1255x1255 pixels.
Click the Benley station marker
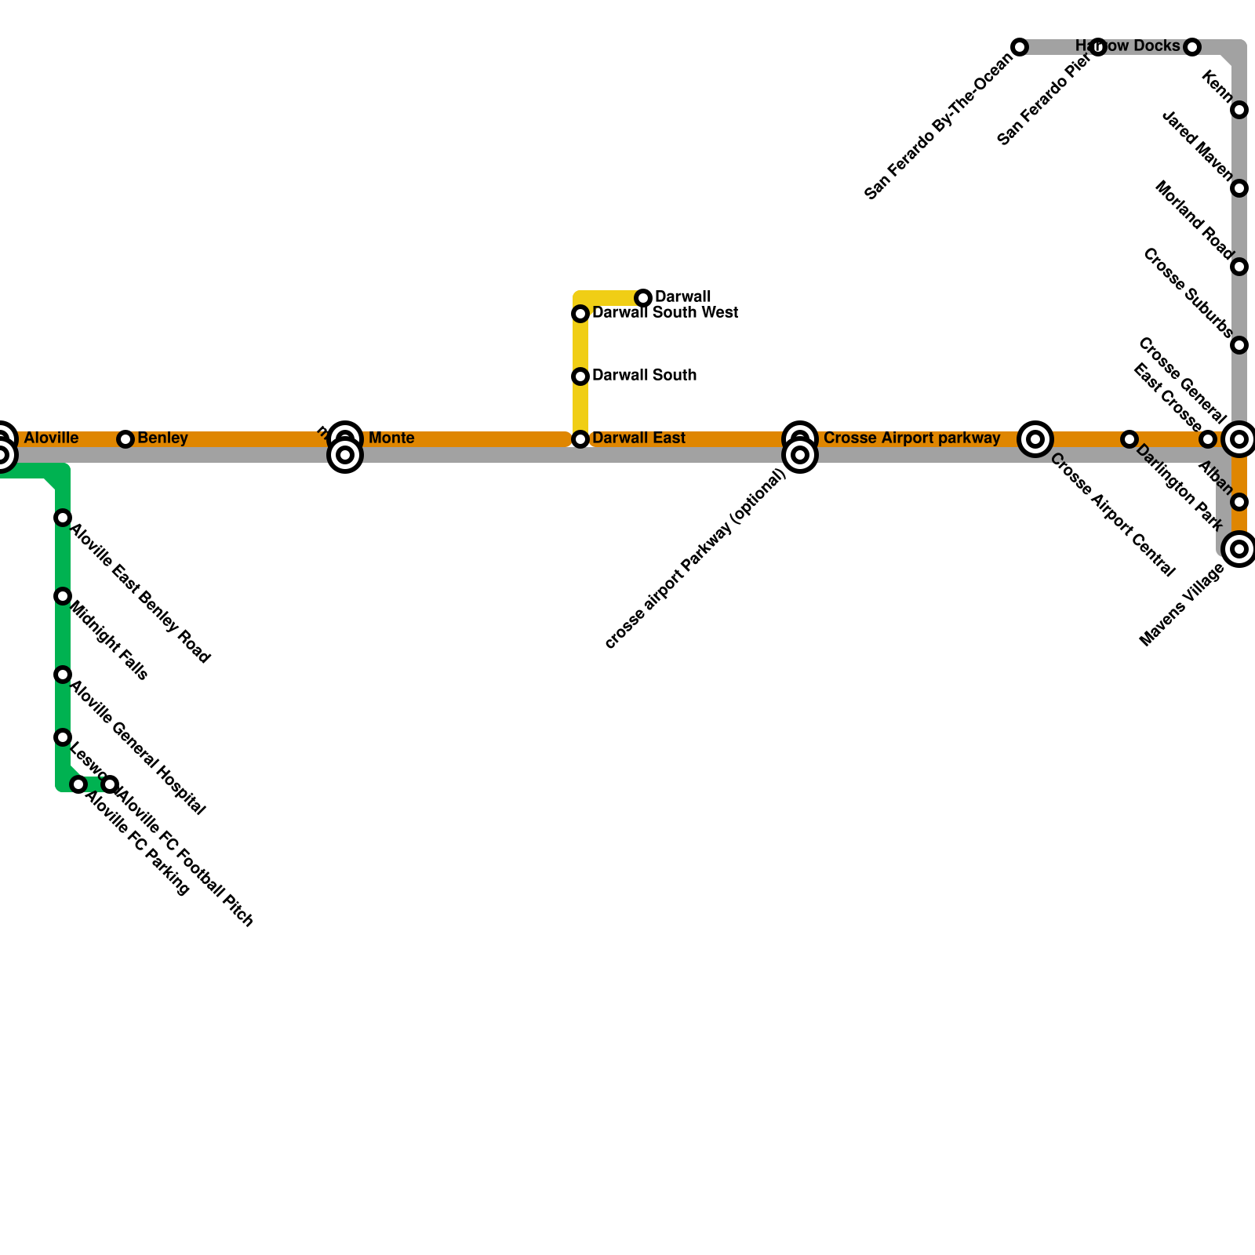click(125, 439)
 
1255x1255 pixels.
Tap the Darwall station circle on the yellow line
click(643, 298)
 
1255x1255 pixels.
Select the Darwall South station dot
click(580, 376)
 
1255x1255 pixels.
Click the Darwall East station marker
click(580, 439)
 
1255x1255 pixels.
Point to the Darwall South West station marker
click(580, 314)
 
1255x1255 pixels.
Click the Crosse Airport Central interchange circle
click(1035, 439)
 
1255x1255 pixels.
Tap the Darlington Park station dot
click(1129, 439)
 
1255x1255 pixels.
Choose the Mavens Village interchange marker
click(1239, 549)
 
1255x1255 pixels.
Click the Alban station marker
click(1239, 502)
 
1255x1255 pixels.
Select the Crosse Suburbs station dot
click(1239, 345)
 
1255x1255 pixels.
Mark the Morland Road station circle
click(1239, 267)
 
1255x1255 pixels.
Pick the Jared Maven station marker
click(1239, 188)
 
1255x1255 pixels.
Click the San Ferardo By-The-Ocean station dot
click(1020, 47)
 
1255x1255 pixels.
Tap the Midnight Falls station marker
click(63, 596)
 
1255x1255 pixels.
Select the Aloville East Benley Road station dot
click(63, 518)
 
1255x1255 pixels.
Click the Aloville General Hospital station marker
click(63, 675)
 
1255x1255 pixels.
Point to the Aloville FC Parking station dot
click(78, 784)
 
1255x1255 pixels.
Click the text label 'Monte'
click(391, 438)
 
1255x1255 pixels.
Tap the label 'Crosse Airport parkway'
click(911, 438)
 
